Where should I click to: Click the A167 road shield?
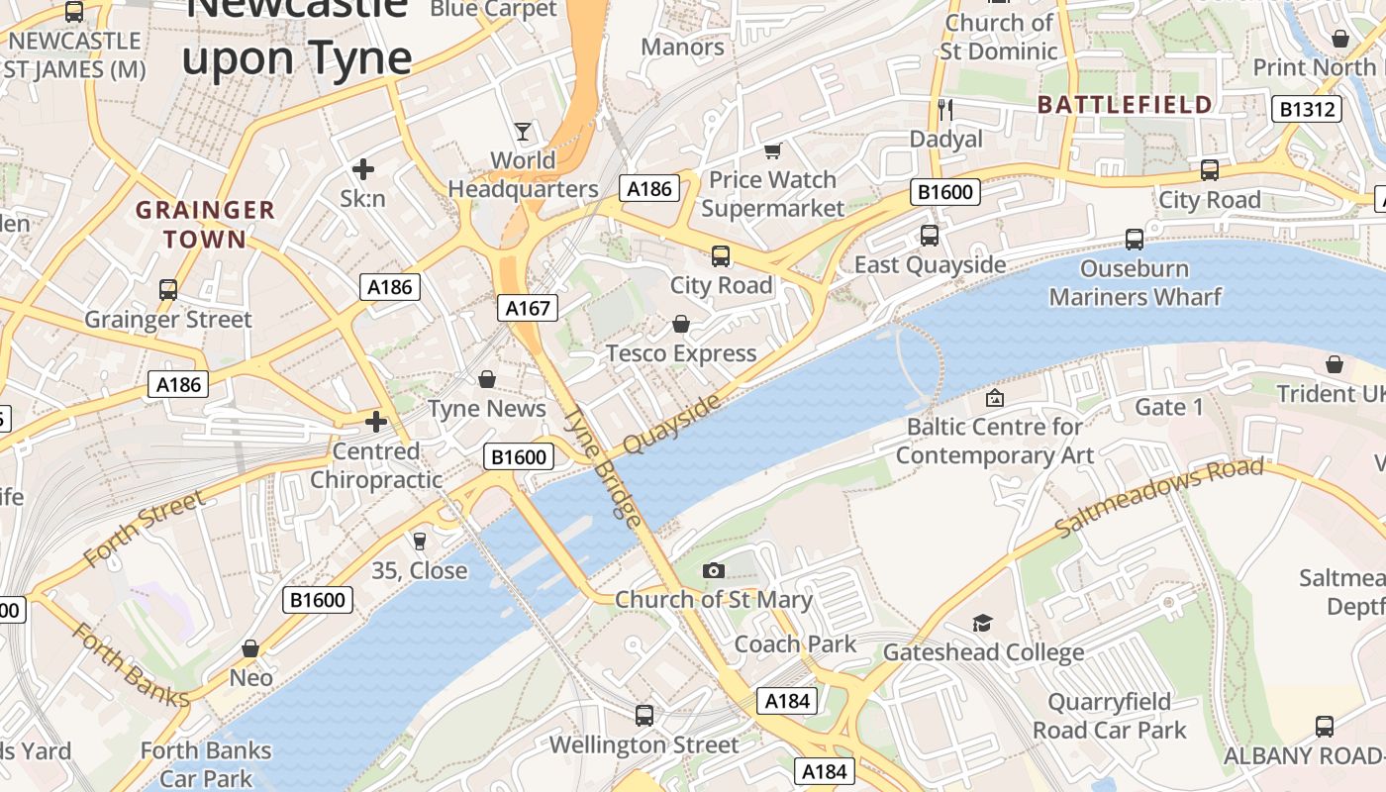coord(528,308)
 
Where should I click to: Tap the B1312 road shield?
coord(1307,109)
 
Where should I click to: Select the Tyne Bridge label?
coord(603,465)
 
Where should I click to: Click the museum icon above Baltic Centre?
coord(994,398)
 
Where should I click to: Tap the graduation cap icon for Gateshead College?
coord(982,623)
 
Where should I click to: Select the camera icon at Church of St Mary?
coord(713,570)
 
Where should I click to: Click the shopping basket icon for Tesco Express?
coord(681,324)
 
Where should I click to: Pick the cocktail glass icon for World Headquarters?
coord(523,131)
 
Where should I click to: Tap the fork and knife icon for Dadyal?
coord(945,109)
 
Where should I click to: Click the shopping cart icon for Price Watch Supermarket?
coord(772,150)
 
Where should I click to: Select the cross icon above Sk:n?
coord(363,169)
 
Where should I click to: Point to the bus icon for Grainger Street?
coord(168,290)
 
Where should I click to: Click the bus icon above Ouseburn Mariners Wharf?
coord(1135,240)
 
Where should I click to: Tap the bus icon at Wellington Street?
coord(644,715)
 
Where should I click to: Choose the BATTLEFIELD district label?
coord(1125,105)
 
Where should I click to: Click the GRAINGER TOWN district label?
coord(205,224)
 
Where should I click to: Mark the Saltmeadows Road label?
coord(1159,498)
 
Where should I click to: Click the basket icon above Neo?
coord(250,648)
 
